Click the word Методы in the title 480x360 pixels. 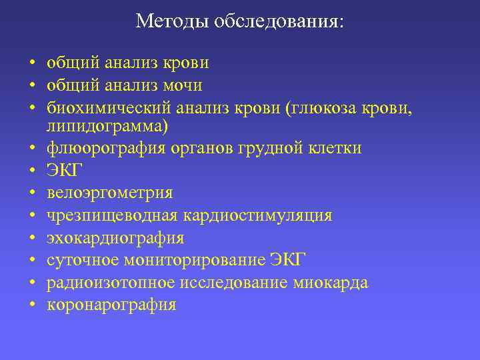(x=172, y=21)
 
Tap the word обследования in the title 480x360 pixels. (x=276, y=21)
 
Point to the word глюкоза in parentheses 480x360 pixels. (x=321, y=107)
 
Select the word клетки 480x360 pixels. (x=339, y=147)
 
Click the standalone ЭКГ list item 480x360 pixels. (x=65, y=170)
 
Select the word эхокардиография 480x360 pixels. (x=115, y=238)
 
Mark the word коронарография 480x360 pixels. (x=111, y=305)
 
